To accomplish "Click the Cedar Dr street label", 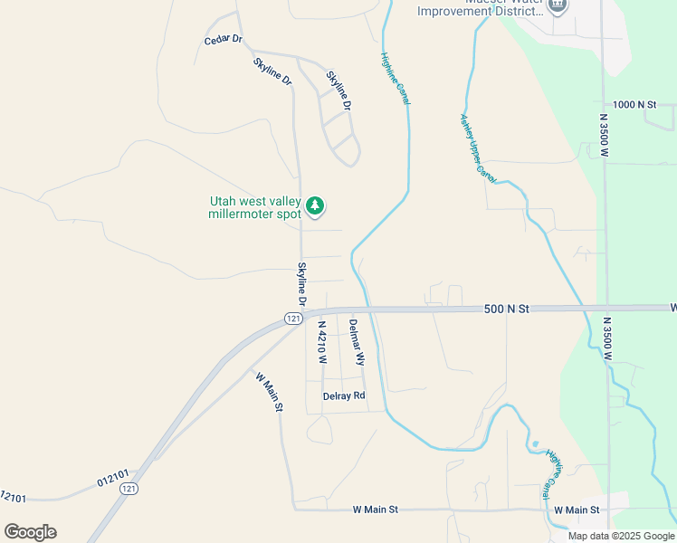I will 224,40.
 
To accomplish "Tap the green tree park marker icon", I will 314,206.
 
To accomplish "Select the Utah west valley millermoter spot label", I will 254,207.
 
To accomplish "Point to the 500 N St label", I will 506,309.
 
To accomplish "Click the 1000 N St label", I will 634,105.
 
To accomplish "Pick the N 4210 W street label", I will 321,341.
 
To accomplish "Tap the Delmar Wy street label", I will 356,342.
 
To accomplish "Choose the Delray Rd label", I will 344,395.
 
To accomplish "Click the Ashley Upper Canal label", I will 476,147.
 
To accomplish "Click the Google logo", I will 30,531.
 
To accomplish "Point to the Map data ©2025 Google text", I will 620,535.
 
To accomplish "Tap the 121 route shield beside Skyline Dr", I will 291,319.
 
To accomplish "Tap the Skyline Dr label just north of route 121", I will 302,283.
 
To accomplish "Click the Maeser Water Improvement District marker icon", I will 558,5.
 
